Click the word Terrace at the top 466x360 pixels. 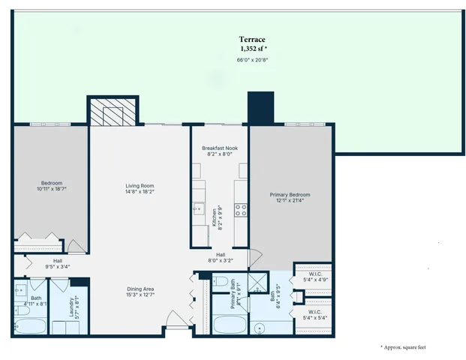tap(252, 39)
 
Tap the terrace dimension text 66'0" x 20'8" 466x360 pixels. tap(252, 59)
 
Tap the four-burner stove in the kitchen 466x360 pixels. tap(241, 210)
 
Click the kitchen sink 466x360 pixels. tap(199, 209)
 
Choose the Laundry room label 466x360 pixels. tap(64, 306)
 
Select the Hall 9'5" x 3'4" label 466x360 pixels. tap(58, 263)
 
